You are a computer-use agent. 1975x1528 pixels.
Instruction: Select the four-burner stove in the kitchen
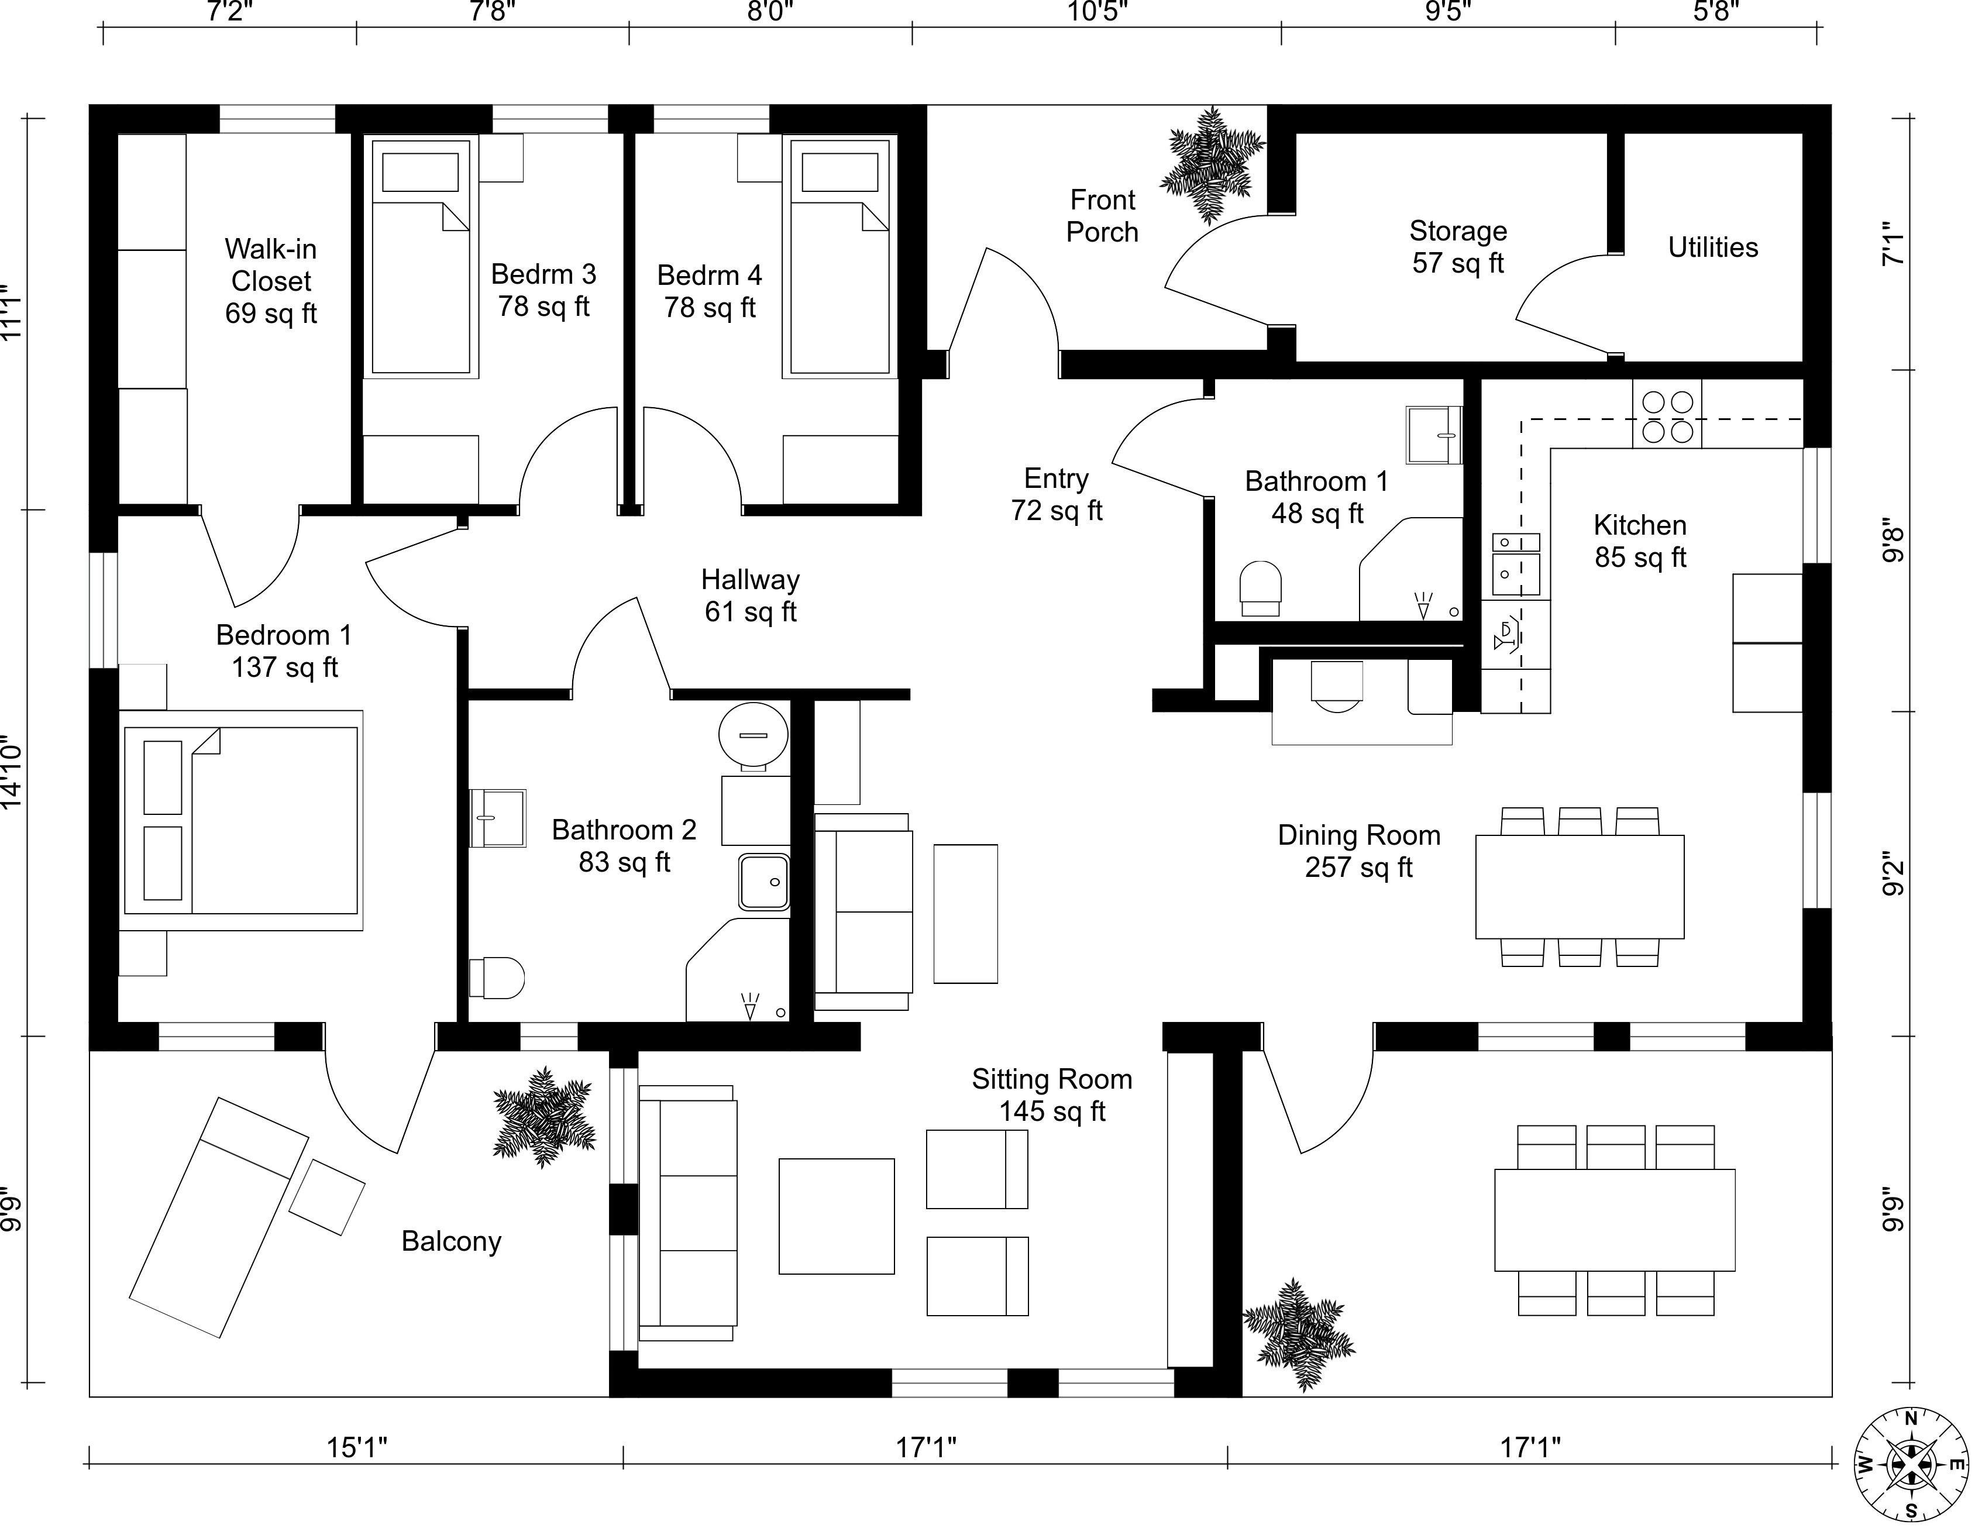pyautogui.click(x=1667, y=415)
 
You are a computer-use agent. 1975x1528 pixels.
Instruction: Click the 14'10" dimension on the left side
pyautogui.click(x=11, y=775)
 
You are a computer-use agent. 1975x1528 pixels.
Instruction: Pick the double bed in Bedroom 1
pyautogui.click(x=242, y=820)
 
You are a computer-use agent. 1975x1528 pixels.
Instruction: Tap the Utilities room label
pyautogui.click(x=1713, y=247)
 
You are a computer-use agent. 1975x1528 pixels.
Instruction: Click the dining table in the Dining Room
pyautogui.click(x=1579, y=887)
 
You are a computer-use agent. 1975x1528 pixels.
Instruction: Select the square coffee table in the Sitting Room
pyautogui.click(x=837, y=1216)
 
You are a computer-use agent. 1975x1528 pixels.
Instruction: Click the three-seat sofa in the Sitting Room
pyautogui.click(x=687, y=1213)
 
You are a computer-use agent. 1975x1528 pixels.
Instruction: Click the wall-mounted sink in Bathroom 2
pyautogui.click(x=497, y=817)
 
